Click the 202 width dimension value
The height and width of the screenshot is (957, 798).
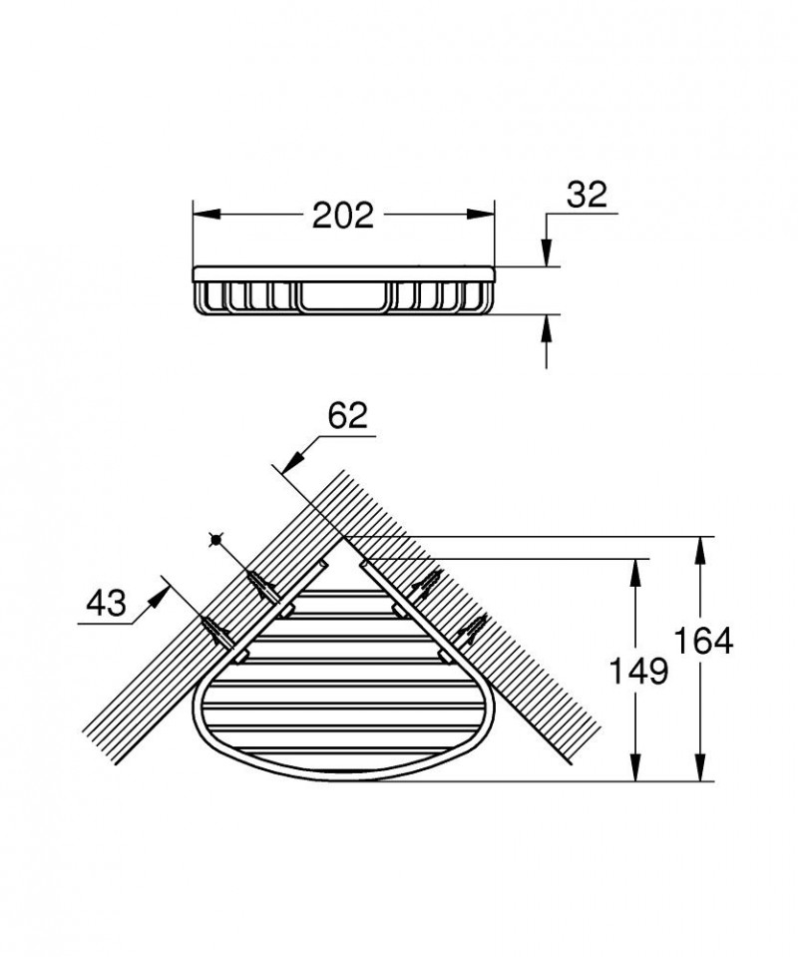343,214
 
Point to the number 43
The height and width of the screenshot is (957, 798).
106,603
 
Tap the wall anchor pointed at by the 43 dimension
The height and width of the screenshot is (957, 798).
216,629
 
